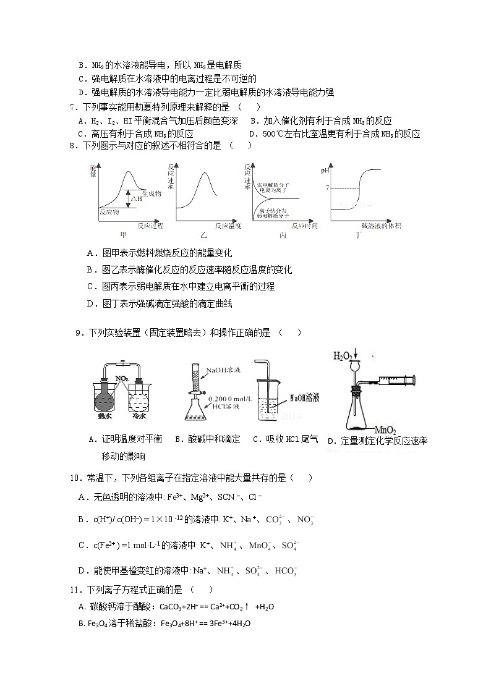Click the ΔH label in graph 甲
tap(137, 198)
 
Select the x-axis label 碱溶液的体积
tap(380, 225)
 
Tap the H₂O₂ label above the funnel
tap(343, 356)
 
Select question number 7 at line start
tap(72, 106)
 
